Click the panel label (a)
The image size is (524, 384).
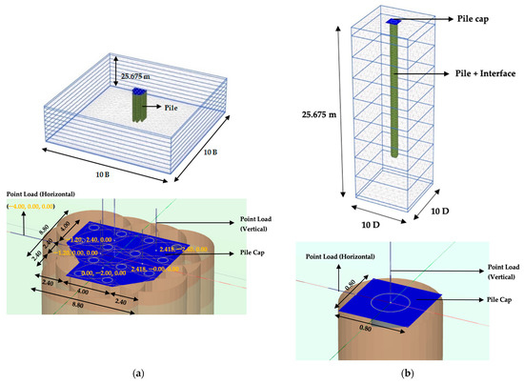(131, 372)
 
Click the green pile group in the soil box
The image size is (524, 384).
(141, 105)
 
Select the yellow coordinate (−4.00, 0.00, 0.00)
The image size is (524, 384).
(35, 206)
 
